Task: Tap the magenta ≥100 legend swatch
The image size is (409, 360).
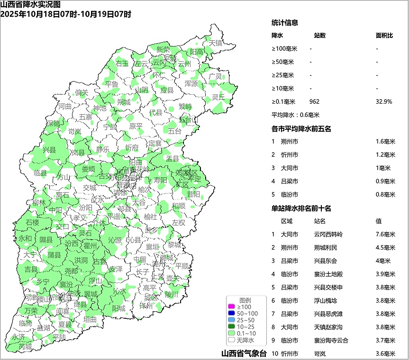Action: pyautogui.click(x=232, y=307)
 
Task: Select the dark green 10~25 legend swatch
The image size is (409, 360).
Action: pyautogui.click(x=232, y=327)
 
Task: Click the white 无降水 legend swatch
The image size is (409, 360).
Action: pyautogui.click(x=232, y=340)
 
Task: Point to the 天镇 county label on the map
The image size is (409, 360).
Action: pyautogui.click(x=216, y=43)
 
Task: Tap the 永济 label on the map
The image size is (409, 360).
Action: pyautogui.click(x=18, y=337)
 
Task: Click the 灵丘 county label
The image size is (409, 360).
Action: pyautogui.click(x=218, y=97)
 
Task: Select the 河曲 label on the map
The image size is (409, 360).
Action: pyautogui.click(x=65, y=107)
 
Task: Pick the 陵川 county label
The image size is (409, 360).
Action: pyautogui.click(x=172, y=294)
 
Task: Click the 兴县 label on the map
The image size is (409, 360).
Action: pyautogui.click(x=49, y=150)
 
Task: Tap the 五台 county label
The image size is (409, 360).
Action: pyautogui.click(x=174, y=131)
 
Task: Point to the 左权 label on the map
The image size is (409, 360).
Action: pyautogui.click(x=179, y=222)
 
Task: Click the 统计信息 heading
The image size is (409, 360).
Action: pyautogui.click(x=284, y=23)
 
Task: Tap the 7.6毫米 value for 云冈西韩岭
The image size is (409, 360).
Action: pyautogui.click(x=385, y=234)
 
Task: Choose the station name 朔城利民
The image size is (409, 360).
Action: pyautogui.click(x=326, y=247)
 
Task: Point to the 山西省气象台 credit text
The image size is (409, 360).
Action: pyautogui.click(x=244, y=353)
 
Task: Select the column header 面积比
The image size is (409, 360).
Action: pyautogui.click(x=384, y=36)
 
